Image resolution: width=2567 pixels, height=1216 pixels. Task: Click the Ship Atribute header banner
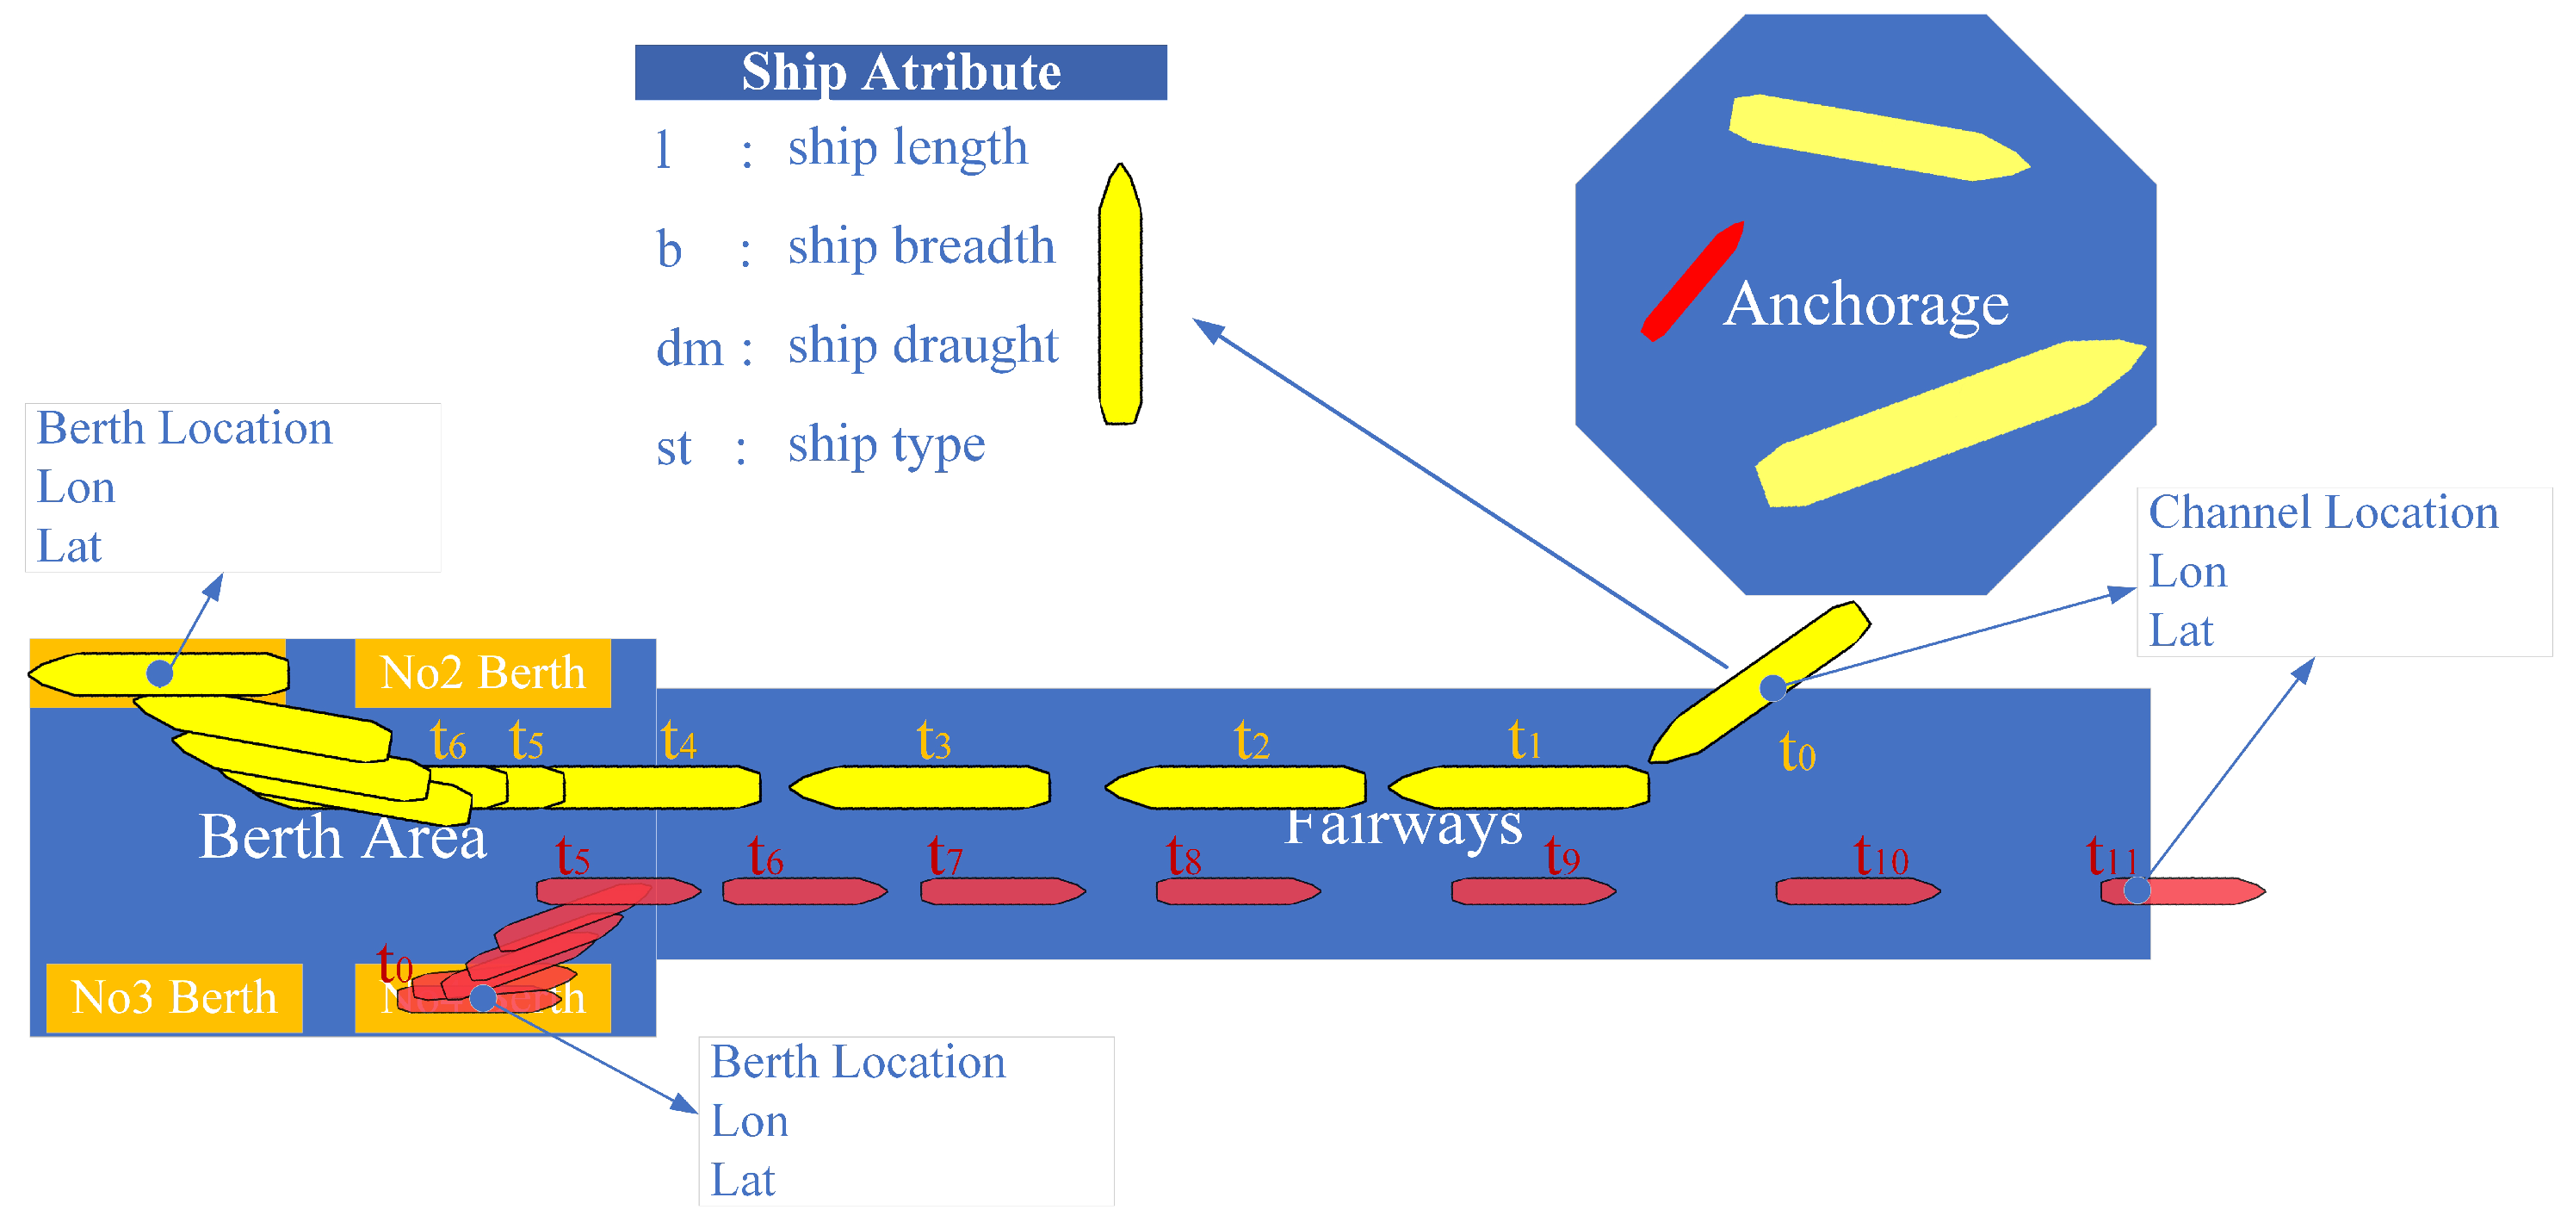900,71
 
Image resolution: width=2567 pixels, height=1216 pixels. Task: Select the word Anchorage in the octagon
1865,304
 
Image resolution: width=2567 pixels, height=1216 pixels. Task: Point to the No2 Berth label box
482,673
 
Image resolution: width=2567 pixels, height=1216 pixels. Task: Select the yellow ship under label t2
1235,787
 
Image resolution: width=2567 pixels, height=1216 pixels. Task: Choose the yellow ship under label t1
1519,787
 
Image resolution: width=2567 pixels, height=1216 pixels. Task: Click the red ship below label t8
1237,891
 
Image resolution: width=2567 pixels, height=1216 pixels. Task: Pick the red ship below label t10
1857,891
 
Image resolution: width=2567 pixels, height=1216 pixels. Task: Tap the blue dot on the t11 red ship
2137,890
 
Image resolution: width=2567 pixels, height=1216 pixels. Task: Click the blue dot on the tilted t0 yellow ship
1772,688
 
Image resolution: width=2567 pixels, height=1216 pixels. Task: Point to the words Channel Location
2323,512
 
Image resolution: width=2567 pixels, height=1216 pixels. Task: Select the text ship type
886,444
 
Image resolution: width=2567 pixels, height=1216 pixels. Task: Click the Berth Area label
342,837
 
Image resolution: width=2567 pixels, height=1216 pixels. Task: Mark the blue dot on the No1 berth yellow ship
159,673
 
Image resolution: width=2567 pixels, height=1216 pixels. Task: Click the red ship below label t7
1001,891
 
